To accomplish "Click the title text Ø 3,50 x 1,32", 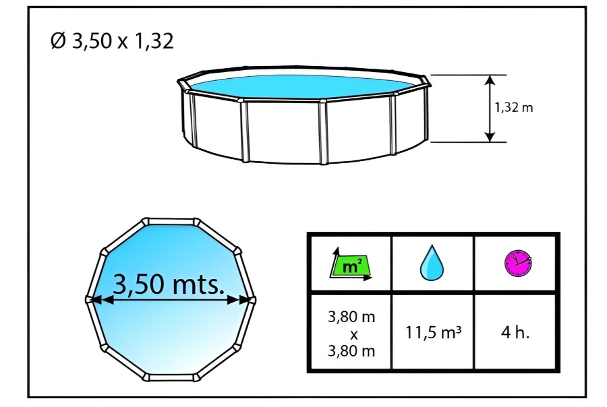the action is click(112, 40).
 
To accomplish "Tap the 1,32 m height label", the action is click(514, 107).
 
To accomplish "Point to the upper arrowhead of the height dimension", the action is click(490, 80).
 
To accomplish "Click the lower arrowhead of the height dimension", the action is click(490, 137).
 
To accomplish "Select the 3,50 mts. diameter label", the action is click(169, 284).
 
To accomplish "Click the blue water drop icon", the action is click(432, 263).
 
